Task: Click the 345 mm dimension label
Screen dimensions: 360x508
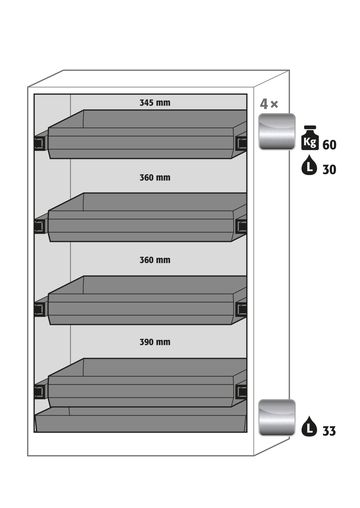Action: click(155, 103)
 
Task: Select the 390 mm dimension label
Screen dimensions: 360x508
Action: click(155, 342)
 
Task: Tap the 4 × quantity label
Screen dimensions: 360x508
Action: click(269, 104)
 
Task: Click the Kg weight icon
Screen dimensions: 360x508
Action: click(310, 138)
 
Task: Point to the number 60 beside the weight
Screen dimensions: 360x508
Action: click(330, 145)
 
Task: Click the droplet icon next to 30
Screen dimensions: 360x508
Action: click(309, 165)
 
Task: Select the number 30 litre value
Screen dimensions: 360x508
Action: click(330, 170)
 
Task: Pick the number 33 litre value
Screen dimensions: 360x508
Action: click(329, 431)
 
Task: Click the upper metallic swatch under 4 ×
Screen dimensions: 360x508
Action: click(277, 132)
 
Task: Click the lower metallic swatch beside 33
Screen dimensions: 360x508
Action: click(277, 418)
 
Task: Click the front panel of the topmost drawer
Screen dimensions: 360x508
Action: click(141, 143)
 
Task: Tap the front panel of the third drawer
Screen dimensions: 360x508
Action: click(141, 309)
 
